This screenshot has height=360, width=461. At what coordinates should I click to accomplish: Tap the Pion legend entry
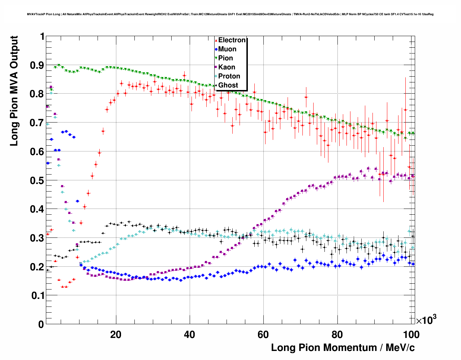click(x=225, y=58)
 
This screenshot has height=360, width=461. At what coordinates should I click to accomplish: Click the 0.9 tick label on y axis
click(x=37, y=65)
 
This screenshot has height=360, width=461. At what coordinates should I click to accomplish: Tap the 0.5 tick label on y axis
click(x=37, y=180)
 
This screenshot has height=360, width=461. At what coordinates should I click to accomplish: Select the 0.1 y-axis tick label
click(x=37, y=296)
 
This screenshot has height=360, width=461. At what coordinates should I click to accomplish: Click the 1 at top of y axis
click(x=42, y=37)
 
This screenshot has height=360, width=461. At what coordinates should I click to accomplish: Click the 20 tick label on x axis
click(x=116, y=334)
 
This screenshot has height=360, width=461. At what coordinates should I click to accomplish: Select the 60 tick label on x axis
click(x=263, y=334)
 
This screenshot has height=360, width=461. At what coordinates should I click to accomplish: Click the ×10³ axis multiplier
click(x=426, y=320)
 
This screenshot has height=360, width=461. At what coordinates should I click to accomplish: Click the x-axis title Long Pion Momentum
click(x=343, y=348)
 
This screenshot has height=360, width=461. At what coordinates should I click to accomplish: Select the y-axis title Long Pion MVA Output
click(x=14, y=91)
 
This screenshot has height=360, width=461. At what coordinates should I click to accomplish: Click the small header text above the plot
click(x=230, y=14)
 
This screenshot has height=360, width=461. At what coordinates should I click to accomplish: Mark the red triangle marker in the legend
click(x=216, y=40)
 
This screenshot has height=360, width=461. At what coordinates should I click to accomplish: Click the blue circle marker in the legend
click(x=216, y=50)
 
